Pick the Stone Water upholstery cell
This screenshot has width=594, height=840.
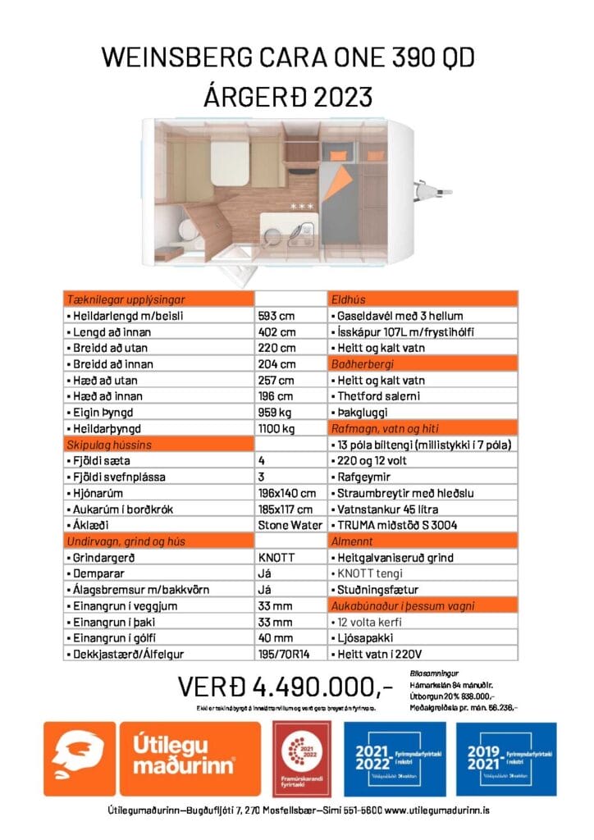click(x=286, y=525)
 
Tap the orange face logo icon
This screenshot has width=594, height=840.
click(x=80, y=758)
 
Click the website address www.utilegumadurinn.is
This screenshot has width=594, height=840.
click(x=437, y=810)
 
